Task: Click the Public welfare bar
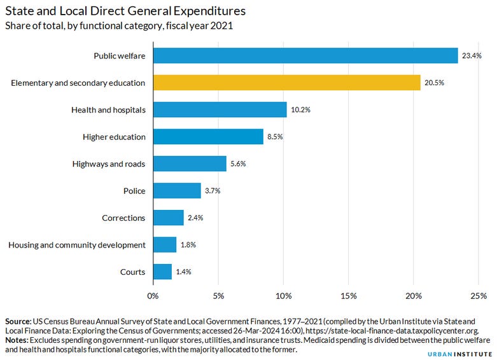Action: click(305, 55)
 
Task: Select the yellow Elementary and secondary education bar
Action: click(286, 83)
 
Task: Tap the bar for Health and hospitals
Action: click(220, 109)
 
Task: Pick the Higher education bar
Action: click(208, 137)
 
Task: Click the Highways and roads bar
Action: click(190, 163)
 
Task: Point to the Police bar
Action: click(177, 191)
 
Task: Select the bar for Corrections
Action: click(169, 218)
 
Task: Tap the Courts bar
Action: click(162, 272)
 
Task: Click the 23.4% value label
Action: click(472, 56)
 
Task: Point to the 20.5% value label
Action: click(434, 83)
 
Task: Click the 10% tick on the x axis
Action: click(283, 296)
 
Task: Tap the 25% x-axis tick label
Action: click(478, 296)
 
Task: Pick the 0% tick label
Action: click(153, 296)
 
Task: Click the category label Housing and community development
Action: click(77, 245)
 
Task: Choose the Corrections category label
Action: click(123, 218)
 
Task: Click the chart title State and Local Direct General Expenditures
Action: click(125, 11)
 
